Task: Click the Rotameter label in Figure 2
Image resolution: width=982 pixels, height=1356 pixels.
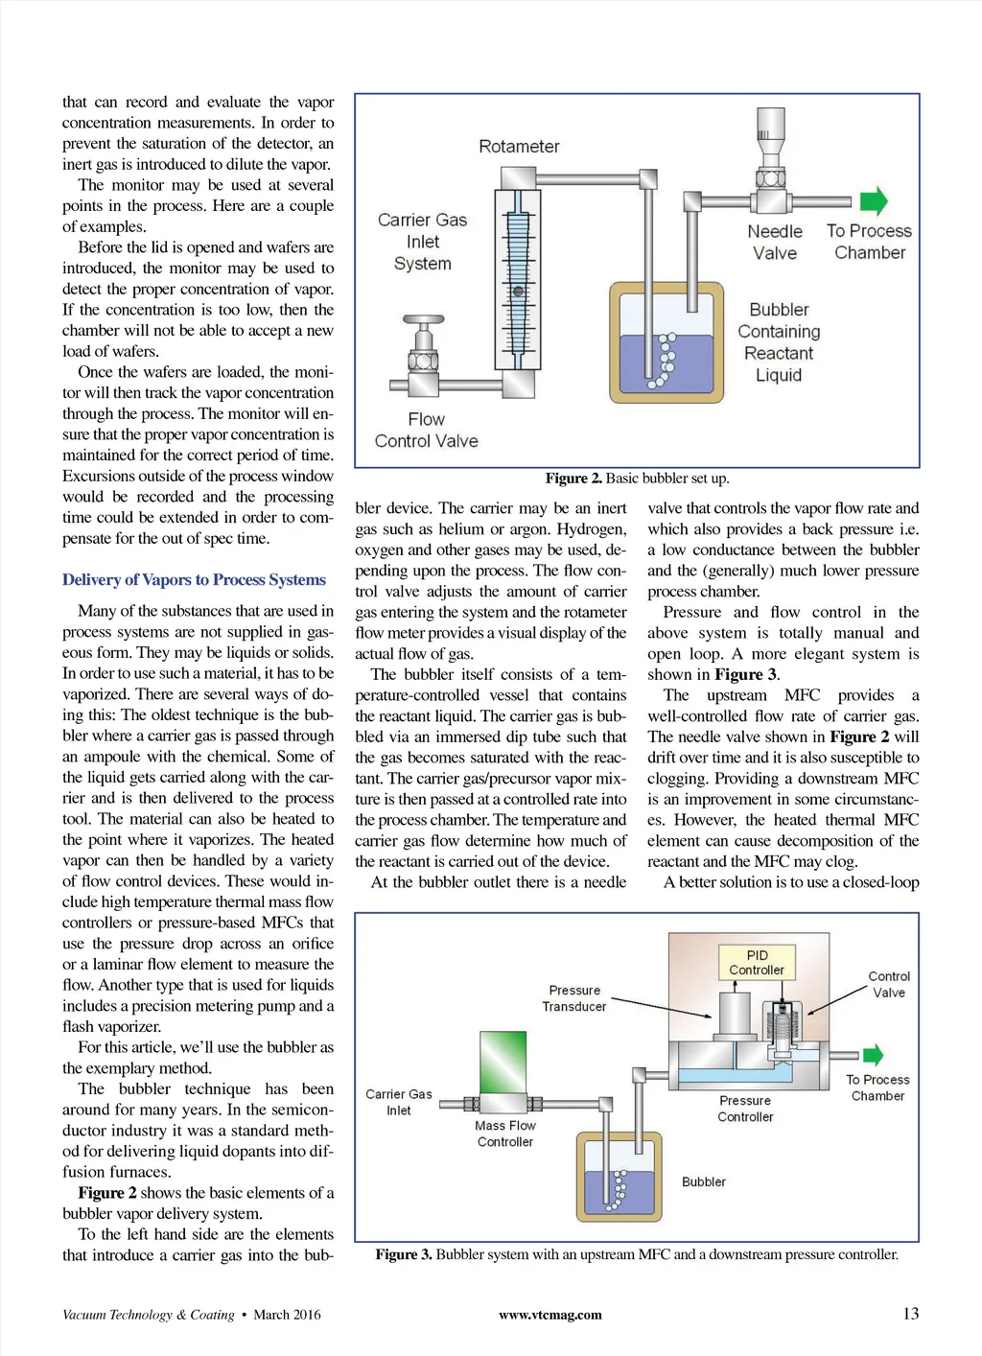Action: (x=519, y=147)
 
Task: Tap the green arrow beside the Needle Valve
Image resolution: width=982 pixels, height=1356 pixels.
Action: (x=873, y=200)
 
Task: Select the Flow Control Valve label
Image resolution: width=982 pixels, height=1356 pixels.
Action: (x=426, y=431)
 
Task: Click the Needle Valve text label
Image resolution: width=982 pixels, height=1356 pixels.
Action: (x=775, y=243)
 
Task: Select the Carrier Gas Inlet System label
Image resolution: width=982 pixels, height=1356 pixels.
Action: (x=422, y=242)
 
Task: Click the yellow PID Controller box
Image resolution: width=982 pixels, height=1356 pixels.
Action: (x=757, y=962)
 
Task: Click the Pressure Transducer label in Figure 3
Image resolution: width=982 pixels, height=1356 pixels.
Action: (x=574, y=998)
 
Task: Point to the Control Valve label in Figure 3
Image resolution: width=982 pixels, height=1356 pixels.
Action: (x=889, y=984)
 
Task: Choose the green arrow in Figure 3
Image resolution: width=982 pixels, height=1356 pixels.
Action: (x=873, y=1055)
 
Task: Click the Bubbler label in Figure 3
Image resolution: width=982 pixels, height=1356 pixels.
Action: (x=704, y=1182)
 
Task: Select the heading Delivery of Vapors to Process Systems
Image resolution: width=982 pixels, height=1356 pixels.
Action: (x=194, y=580)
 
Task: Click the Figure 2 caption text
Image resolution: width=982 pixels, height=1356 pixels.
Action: (x=637, y=479)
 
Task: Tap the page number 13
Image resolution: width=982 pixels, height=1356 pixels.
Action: (x=910, y=1314)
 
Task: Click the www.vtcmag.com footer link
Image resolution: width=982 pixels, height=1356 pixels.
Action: (x=550, y=1315)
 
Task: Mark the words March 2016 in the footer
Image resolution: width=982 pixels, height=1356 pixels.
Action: (x=287, y=1315)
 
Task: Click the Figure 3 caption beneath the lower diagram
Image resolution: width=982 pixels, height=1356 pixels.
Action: (x=637, y=1254)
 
